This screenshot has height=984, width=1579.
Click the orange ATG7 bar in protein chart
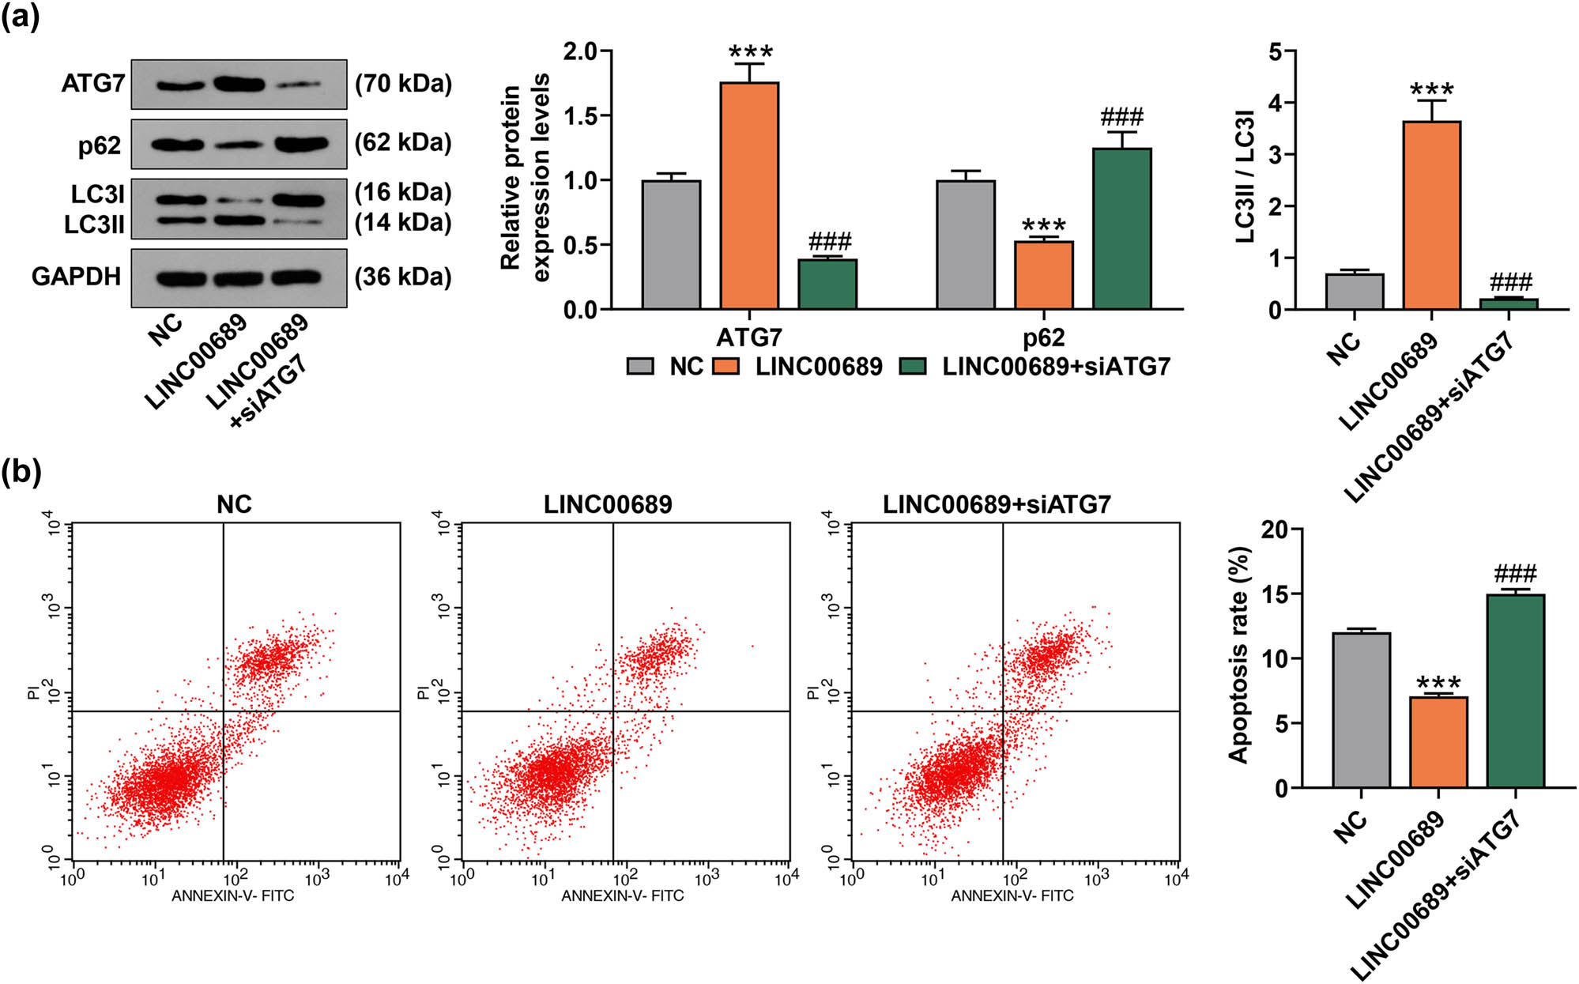(x=749, y=195)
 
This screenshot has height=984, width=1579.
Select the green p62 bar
(x=1121, y=228)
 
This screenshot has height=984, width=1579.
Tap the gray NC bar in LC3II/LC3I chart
(x=1355, y=292)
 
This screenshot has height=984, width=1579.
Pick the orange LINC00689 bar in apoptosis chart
(x=1438, y=742)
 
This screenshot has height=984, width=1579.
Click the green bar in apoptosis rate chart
(x=1515, y=691)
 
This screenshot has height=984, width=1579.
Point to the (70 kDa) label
(x=403, y=83)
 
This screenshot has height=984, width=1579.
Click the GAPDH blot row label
(x=76, y=277)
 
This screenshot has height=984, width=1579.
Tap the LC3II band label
(x=94, y=224)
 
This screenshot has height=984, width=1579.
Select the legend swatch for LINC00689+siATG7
(x=914, y=366)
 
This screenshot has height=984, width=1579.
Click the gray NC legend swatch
(x=640, y=366)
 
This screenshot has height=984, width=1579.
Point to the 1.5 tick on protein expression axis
(x=581, y=116)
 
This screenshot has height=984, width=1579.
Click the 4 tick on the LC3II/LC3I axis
(x=1274, y=103)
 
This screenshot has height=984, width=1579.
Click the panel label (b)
(x=21, y=472)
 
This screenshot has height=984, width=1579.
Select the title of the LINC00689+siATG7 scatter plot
(x=997, y=504)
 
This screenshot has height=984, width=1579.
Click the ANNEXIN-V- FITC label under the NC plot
(x=232, y=895)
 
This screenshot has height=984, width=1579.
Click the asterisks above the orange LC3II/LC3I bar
(x=1431, y=88)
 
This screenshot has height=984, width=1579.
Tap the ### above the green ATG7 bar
(x=829, y=241)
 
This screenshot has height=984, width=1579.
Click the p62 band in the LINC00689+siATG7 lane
(x=300, y=144)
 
